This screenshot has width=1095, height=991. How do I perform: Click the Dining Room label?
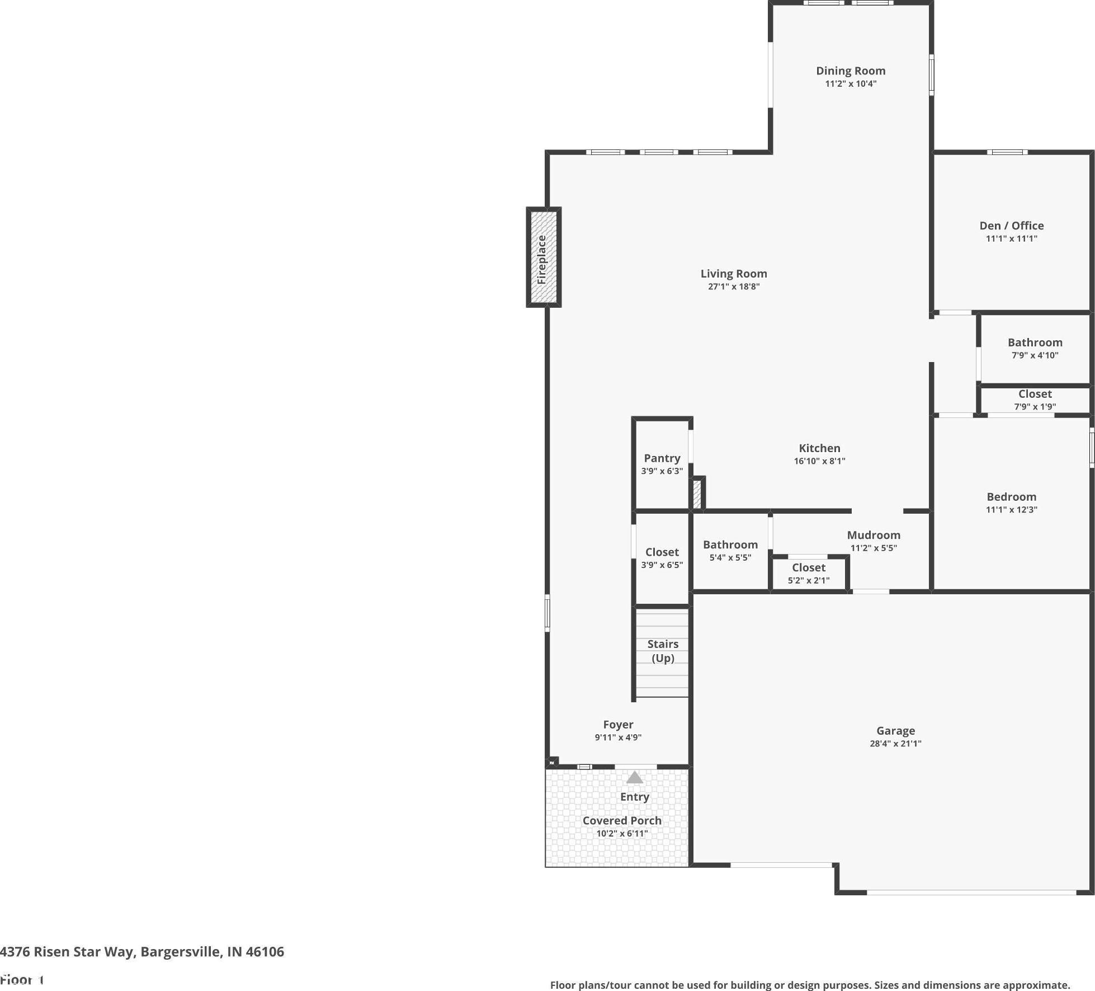coord(851,71)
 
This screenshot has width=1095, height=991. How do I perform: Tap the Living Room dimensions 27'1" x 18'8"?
coord(734,287)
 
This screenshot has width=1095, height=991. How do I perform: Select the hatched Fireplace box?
coord(544,257)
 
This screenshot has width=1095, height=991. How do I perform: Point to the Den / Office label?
coord(1012,226)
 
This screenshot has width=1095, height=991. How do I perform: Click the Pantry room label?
coord(662,458)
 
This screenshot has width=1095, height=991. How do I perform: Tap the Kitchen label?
coord(819,448)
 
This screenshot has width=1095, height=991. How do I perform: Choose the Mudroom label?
coord(874,535)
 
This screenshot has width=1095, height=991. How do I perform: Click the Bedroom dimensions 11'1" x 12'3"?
coord(1012,510)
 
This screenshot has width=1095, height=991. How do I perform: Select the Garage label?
coord(896,731)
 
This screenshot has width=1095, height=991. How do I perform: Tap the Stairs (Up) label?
coord(663,651)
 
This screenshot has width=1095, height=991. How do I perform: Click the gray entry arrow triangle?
coord(635,777)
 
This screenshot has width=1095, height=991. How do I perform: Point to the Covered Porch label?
coord(622,820)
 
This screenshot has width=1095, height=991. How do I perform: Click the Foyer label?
coord(618,725)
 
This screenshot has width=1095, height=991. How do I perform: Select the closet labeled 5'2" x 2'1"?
coord(809,574)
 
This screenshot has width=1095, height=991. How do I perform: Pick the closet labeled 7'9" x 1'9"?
coord(1035,400)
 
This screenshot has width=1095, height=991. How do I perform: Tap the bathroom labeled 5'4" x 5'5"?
coord(730,551)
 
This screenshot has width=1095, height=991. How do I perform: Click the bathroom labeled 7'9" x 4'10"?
coord(1035,348)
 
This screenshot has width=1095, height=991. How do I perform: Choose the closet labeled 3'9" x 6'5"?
coord(662,558)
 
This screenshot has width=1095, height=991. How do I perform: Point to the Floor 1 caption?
coord(22,979)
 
